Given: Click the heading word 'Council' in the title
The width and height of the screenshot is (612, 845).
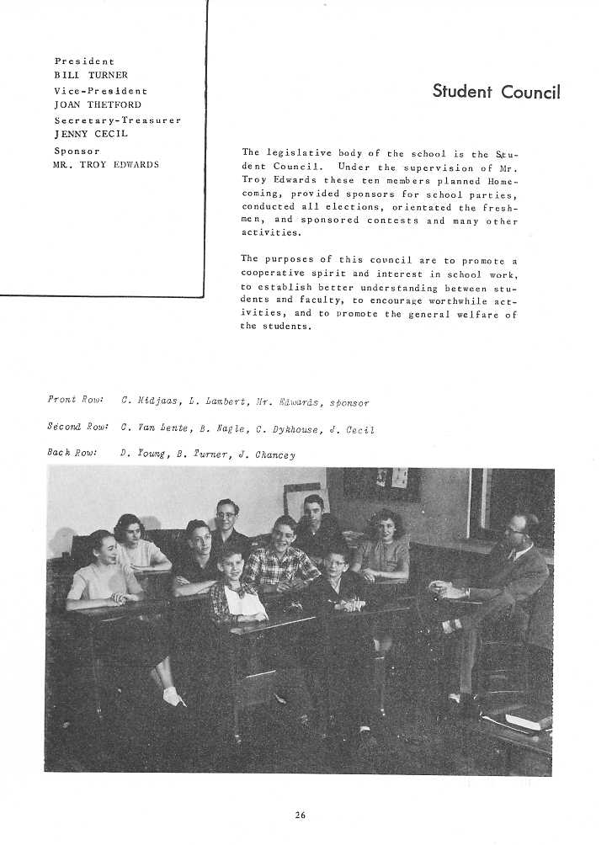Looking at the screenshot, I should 530,93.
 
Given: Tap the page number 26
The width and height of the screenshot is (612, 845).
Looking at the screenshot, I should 301,813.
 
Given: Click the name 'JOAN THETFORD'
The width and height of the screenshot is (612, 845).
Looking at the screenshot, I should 98,105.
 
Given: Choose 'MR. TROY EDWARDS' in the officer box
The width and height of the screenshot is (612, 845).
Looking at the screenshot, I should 106,165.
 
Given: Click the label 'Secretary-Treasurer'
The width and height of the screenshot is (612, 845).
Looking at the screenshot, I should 117,120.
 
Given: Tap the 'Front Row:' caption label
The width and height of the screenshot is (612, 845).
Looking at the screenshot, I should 74,400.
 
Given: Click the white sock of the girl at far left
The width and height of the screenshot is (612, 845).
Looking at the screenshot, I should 173,696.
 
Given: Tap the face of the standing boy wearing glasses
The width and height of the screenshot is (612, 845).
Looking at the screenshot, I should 226,513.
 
